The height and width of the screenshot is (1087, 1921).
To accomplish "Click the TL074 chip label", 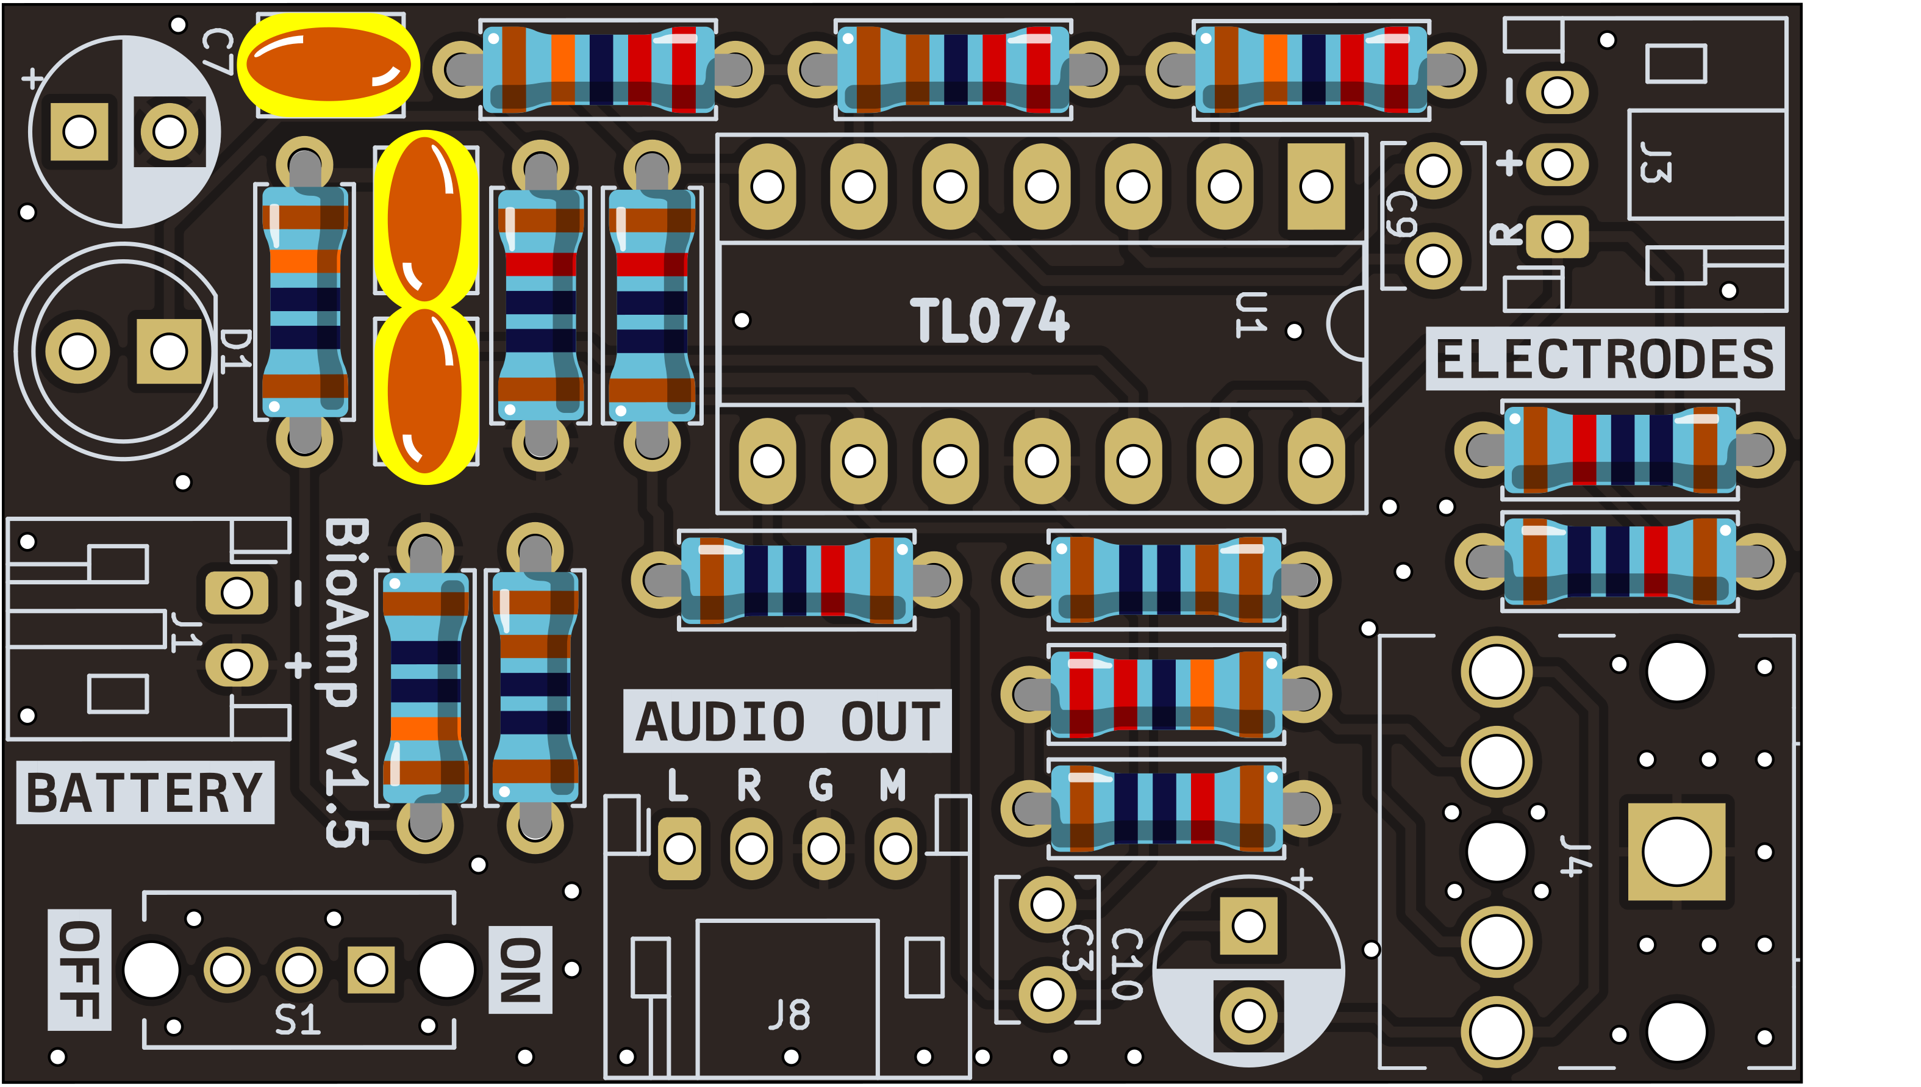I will [x=989, y=320].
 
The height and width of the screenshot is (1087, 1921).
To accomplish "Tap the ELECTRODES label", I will [x=1604, y=359].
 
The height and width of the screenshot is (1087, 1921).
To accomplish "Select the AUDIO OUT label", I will [x=787, y=721].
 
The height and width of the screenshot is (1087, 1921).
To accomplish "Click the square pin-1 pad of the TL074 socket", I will [x=1316, y=187].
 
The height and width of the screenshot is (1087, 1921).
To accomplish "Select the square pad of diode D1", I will [x=169, y=351].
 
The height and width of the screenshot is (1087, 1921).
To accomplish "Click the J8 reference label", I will [x=789, y=1016].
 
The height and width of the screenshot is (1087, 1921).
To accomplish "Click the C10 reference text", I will [x=1126, y=964].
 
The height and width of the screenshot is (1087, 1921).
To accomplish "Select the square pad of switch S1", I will [x=371, y=970].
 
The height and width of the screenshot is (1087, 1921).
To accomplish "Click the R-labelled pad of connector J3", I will [x=1557, y=237].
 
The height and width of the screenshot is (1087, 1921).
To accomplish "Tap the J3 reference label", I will [x=1655, y=162].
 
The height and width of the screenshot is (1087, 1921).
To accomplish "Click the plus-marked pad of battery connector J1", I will [x=237, y=664].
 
